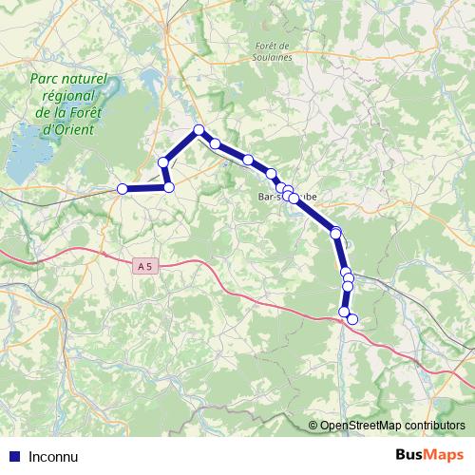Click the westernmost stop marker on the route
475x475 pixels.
pyautogui.click(x=122, y=189)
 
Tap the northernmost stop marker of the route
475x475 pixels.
pyautogui.click(x=199, y=130)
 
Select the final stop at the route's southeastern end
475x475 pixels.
pyautogui.click(x=352, y=319)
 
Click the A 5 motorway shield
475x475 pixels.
pyautogui.click(x=144, y=268)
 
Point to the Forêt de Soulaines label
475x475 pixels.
pyautogui.click(x=274, y=51)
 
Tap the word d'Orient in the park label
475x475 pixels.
pyautogui.click(x=68, y=128)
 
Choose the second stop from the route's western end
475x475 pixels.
pyautogui.click(x=169, y=187)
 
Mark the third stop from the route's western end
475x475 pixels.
pyautogui.click(x=163, y=163)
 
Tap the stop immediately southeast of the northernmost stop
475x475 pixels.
pyautogui.click(x=216, y=144)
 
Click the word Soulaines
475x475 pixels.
pyautogui.click(x=274, y=57)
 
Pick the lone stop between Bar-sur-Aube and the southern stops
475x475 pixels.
pyautogui.click(x=335, y=233)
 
